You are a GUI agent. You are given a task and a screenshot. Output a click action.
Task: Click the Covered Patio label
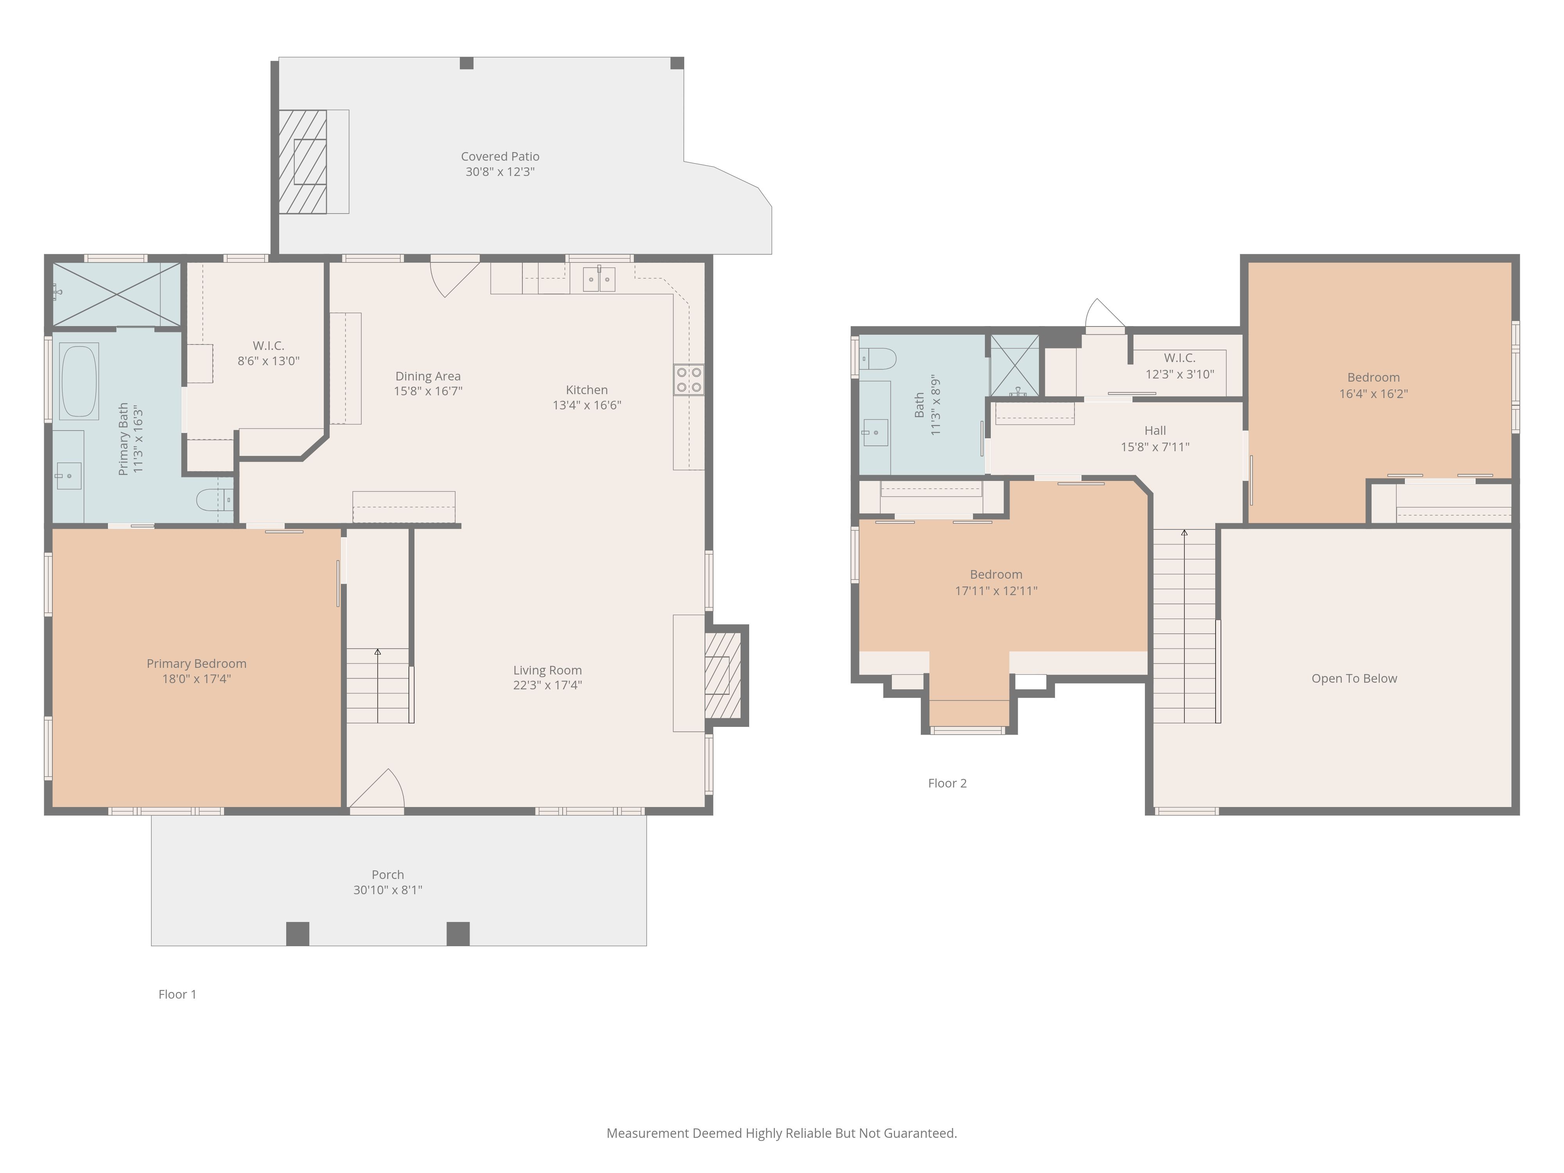tap(500, 156)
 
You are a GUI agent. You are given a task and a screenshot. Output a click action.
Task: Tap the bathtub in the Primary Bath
tap(79, 382)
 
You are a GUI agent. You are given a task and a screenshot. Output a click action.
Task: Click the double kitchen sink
tap(599, 279)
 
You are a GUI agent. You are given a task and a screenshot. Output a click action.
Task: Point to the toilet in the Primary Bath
tap(214, 500)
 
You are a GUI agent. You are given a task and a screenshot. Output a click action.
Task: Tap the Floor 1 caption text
tap(178, 994)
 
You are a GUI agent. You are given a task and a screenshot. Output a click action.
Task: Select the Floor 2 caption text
tap(947, 783)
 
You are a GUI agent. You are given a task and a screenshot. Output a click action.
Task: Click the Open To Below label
tap(1354, 678)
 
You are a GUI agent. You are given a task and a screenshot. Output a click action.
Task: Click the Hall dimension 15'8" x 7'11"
tap(1155, 447)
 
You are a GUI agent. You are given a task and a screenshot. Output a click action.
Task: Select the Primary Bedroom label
tap(197, 663)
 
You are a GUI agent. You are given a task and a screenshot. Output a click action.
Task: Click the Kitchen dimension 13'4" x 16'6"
tap(587, 405)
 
